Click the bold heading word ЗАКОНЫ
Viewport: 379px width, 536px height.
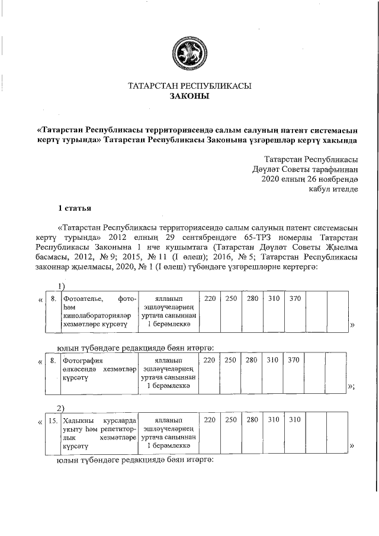click(x=189, y=97)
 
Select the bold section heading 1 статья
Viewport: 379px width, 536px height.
click(x=73, y=208)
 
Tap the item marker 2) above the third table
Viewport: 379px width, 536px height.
click(x=60, y=409)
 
